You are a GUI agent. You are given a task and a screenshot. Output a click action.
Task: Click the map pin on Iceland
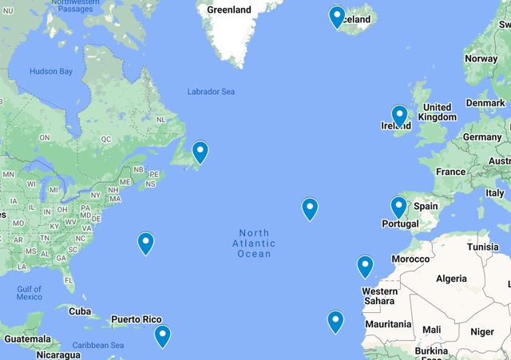click(x=337, y=16)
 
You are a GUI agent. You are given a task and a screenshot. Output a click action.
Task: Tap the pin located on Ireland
click(x=399, y=116)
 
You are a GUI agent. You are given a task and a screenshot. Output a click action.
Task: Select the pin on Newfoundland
click(x=200, y=151)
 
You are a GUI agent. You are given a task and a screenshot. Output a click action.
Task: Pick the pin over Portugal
click(x=398, y=207)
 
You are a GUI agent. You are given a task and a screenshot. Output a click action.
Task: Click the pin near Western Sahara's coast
click(x=365, y=265)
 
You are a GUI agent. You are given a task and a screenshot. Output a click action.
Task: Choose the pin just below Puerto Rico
click(x=162, y=335)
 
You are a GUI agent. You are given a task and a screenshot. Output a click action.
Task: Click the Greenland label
click(x=229, y=10)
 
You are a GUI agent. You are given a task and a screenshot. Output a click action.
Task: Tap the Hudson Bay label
click(x=51, y=72)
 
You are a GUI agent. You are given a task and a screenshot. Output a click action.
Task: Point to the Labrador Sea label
click(x=211, y=92)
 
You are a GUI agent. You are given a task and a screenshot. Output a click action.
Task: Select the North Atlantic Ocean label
click(x=255, y=243)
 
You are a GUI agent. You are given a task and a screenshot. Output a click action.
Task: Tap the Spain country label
click(x=426, y=206)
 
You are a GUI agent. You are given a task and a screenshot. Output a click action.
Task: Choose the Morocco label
click(x=411, y=259)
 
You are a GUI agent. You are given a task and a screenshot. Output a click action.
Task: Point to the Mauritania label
click(x=387, y=324)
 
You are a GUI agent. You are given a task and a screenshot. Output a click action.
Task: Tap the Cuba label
click(x=80, y=311)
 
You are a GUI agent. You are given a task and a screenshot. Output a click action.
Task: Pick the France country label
click(x=450, y=172)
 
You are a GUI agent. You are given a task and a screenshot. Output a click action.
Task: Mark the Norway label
click(x=481, y=58)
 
